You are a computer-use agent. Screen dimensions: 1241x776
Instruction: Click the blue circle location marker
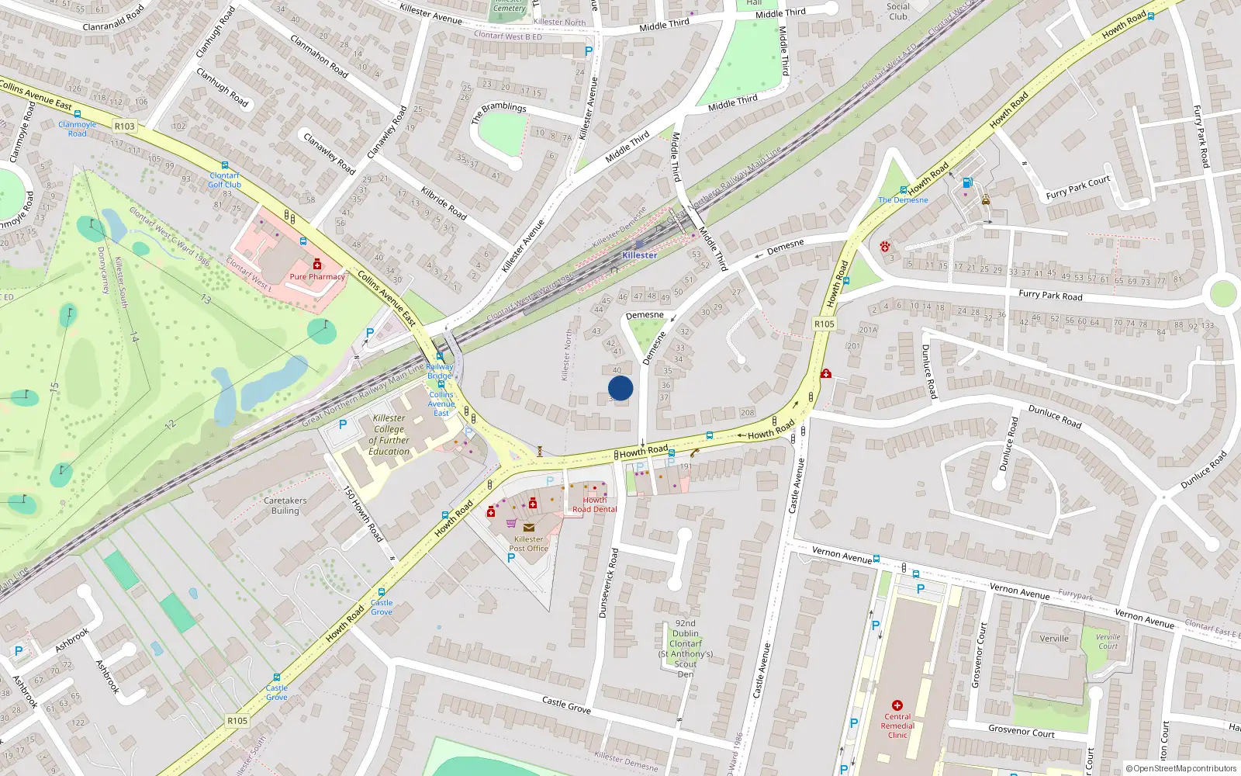(x=620, y=388)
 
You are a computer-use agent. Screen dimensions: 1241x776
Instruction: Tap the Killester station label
(x=639, y=255)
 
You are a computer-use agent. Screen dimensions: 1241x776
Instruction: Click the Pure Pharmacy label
(x=317, y=277)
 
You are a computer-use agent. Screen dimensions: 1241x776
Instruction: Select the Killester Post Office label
(x=528, y=544)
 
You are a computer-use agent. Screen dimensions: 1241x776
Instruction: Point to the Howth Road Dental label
(x=595, y=505)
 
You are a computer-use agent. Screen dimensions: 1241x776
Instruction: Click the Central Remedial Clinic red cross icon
(x=897, y=705)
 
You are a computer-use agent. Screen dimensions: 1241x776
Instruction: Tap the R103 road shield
(x=124, y=126)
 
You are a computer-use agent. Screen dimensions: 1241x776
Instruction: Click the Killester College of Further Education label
(x=389, y=435)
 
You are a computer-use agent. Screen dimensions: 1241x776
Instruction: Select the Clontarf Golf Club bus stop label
(x=225, y=180)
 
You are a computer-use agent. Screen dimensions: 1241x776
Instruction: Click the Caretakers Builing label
(x=285, y=506)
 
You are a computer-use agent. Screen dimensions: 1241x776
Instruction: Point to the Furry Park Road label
(x=1050, y=296)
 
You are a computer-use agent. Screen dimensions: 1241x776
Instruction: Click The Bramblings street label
(x=498, y=113)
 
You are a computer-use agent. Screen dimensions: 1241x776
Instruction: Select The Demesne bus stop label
(x=903, y=200)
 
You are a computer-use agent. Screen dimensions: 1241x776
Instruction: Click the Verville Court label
(x=1108, y=642)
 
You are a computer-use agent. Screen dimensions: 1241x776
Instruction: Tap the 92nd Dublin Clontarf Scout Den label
(x=686, y=649)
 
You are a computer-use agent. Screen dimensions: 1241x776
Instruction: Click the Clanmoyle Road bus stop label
(x=78, y=129)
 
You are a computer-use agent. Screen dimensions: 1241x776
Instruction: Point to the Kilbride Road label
(x=444, y=203)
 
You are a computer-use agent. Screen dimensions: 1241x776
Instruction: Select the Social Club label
(x=898, y=11)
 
